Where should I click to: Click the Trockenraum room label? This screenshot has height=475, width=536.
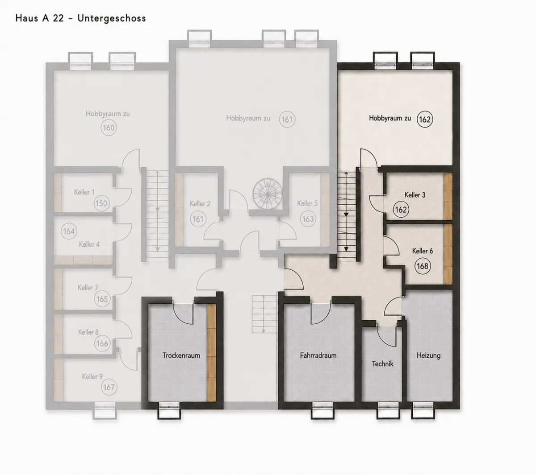pyautogui.click(x=181, y=355)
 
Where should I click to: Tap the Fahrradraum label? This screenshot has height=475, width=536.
pyautogui.click(x=318, y=355)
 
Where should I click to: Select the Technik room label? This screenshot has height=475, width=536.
pyautogui.click(x=382, y=364)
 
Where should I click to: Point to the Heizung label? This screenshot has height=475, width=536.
pyautogui.click(x=429, y=355)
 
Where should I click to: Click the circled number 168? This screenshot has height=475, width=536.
pyautogui.click(x=423, y=266)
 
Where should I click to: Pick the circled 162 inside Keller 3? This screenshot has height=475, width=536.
pyautogui.click(x=401, y=210)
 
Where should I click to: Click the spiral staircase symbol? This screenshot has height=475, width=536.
pyautogui.click(x=268, y=194)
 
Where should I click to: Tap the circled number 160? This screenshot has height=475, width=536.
pyautogui.click(x=109, y=128)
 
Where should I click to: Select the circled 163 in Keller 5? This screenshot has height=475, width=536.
pyautogui.click(x=308, y=219)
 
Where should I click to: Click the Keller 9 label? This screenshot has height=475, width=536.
pyautogui.click(x=92, y=376)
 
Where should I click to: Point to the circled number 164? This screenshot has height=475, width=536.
pyautogui.click(x=69, y=231)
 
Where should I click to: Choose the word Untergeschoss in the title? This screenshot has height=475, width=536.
pyautogui.click(x=112, y=18)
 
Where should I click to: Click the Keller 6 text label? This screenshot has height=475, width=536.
pyautogui.click(x=423, y=251)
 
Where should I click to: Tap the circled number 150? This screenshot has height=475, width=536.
pyautogui.click(x=101, y=203)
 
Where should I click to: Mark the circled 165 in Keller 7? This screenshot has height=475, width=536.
pyautogui.click(x=102, y=299)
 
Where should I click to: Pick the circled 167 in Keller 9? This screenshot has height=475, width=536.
pyautogui.click(x=109, y=387)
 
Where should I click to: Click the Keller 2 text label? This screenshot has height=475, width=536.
pyautogui.click(x=200, y=204)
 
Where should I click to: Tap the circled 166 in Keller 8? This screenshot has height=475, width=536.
pyautogui.click(x=102, y=343)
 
